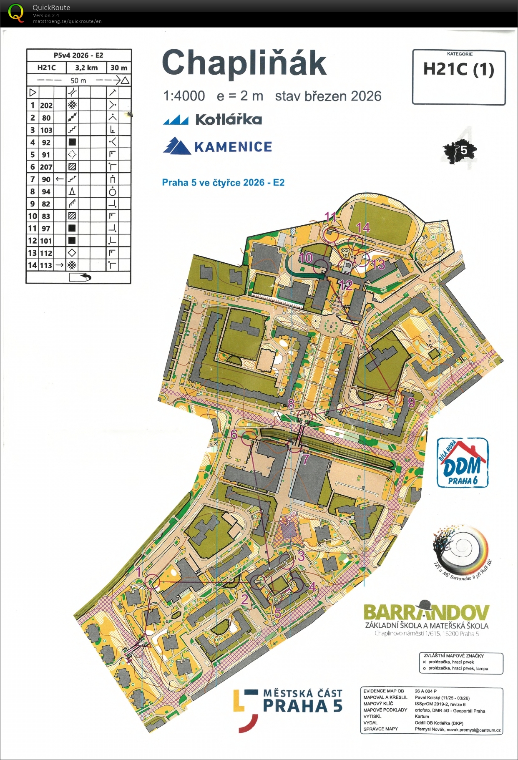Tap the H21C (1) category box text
(458, 69)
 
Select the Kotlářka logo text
(229, 120)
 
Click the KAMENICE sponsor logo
(218, 146)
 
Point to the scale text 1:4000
(184, 96)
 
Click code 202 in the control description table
(46, 105)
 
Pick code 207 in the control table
(46, 167)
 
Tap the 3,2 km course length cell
(86, 68)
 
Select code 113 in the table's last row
(46, 265)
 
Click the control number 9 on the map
(411, 402)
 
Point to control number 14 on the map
(363, 227)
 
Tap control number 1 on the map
(139, 571)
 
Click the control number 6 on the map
(234, 434)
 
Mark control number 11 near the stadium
(330, 216)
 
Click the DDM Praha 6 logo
(463, 463)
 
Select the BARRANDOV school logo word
(426, 612)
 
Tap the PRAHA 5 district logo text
(303, 706)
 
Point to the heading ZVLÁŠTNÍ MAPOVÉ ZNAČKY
(454, 656)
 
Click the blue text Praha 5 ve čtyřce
(223, 182)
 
